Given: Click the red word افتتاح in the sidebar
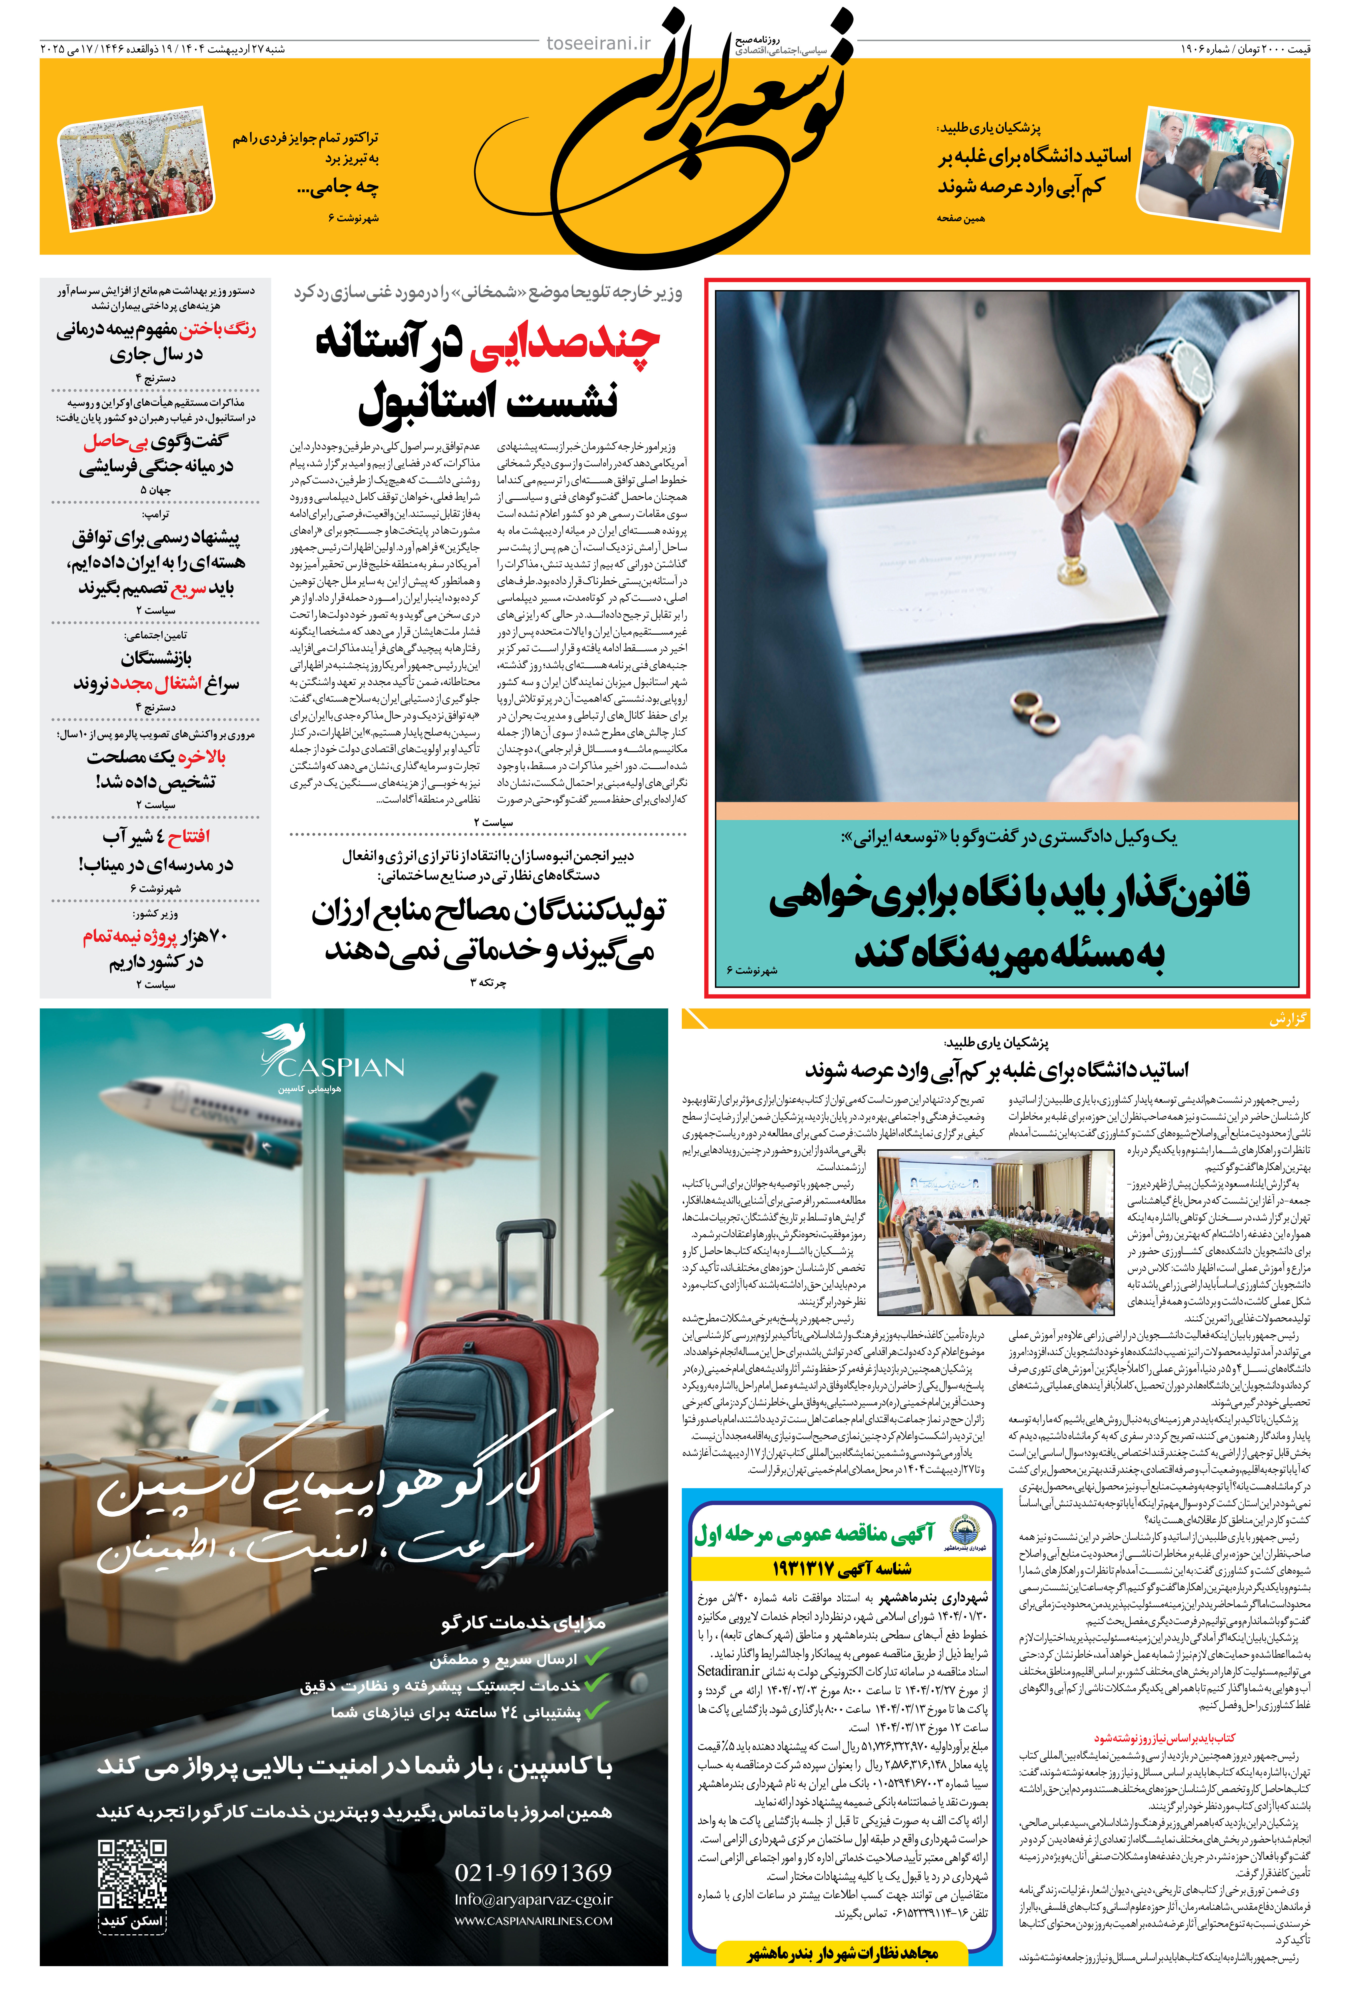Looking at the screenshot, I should tap(189, 836).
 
